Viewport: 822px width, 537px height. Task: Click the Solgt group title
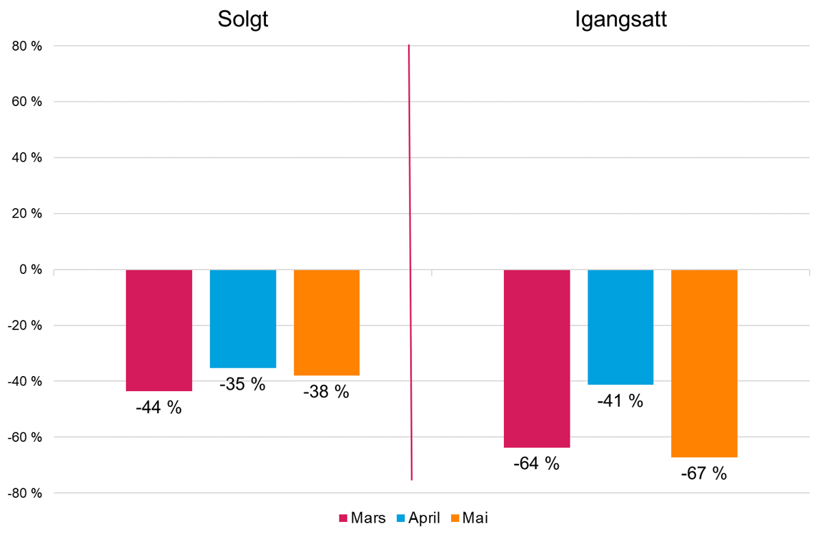point(243,18)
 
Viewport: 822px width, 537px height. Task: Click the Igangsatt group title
point(620,18)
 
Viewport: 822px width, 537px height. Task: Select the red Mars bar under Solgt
point(159,330)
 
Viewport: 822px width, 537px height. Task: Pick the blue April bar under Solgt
point(243,319)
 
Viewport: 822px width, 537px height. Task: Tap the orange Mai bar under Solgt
point(326,323)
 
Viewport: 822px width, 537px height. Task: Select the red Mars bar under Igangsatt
point(537,358)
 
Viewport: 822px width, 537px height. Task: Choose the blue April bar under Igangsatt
point(620,327)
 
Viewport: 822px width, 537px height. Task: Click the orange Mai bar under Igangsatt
point(704,363)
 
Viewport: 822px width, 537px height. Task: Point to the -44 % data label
point(159,408)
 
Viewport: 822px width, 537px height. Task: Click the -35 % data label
point(243,384)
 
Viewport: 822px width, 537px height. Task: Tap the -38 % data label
point(326,392)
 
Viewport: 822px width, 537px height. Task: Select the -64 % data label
point(537,464)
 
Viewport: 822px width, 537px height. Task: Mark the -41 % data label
point(620,401)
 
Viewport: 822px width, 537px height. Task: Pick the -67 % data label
point(704,473)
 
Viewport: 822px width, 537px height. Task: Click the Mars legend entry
point(363,518)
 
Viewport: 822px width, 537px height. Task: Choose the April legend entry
point(419,518)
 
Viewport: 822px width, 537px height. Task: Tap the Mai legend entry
point(470,518)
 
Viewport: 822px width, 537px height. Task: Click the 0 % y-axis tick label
point(30,270)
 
